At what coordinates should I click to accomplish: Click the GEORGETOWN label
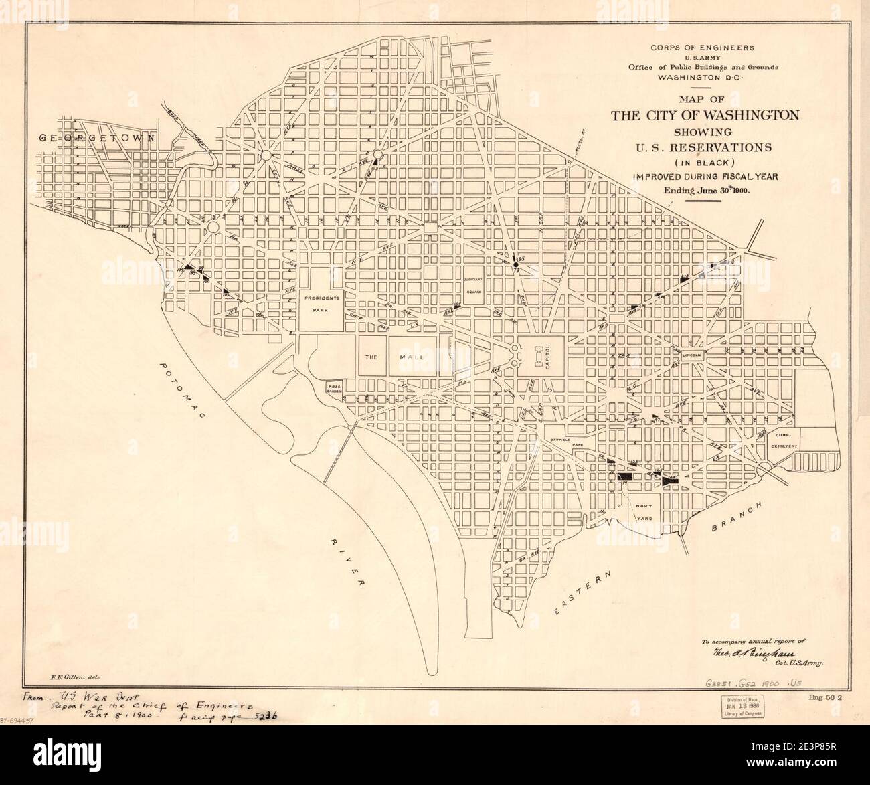[x=97, y=137]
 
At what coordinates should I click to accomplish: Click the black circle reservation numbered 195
[x=516, y=266]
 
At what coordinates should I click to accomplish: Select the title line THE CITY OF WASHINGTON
[x=705, y=114]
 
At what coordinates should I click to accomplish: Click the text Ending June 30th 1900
[x=706, y=190]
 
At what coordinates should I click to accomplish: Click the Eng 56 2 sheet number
[x=821, y=697]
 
